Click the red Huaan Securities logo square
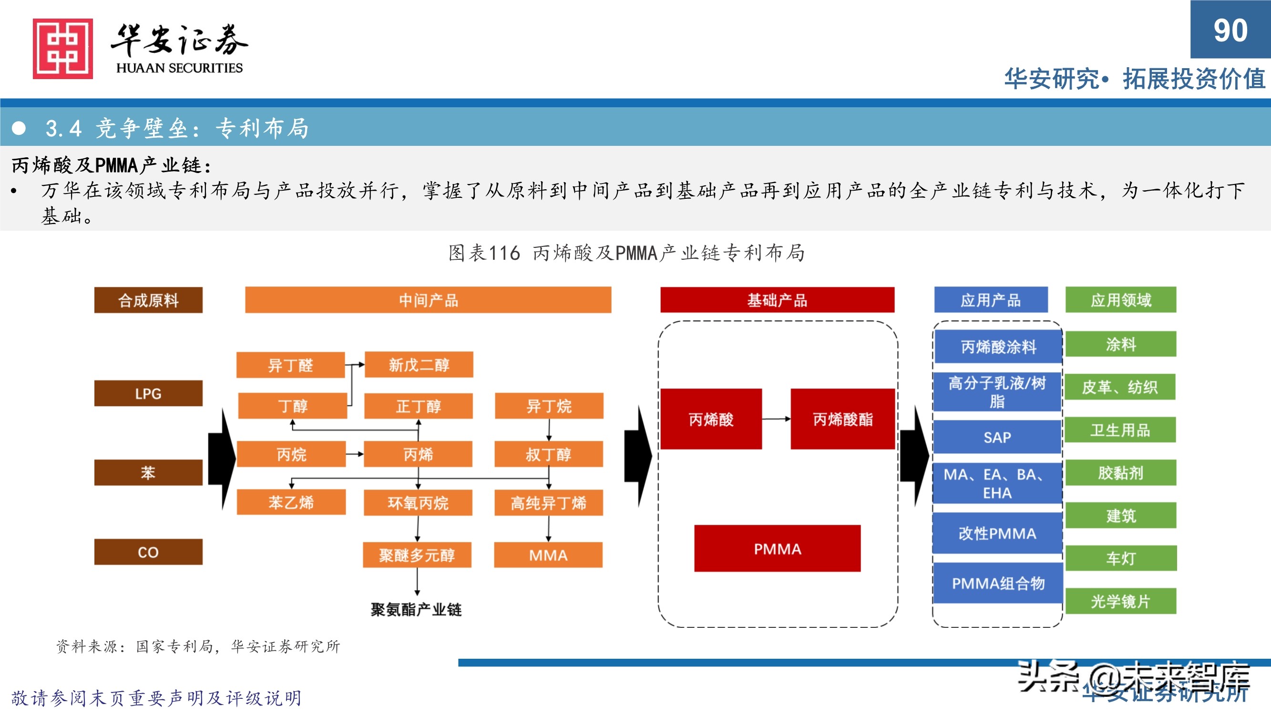[x=62, y=48]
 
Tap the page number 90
[x=1230, y=31]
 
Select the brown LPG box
[x=148, y=393]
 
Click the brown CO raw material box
[x=148, y=552]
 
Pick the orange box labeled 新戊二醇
[x=419, y=365]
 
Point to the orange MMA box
[x=548, y=555]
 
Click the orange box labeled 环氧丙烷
[x=418, y=502]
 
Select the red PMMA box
[x=777, y=548]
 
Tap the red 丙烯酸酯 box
[x=842, y=419]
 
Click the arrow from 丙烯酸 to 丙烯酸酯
[x=776, y=419]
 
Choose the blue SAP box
[x=997, y=437]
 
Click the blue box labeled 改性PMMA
[x=997, y=533]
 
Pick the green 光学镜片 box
[x=1120, y=601]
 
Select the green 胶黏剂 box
[x=1120, y=473]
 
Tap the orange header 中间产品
[x=428, y=300]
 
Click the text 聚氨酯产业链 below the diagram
[x=416, y=609]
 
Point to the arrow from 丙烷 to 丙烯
[x=355, y=453]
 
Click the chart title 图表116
[x=484, y=253]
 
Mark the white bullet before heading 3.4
[x=19, y=128]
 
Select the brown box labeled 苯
[x=148, y=472]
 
